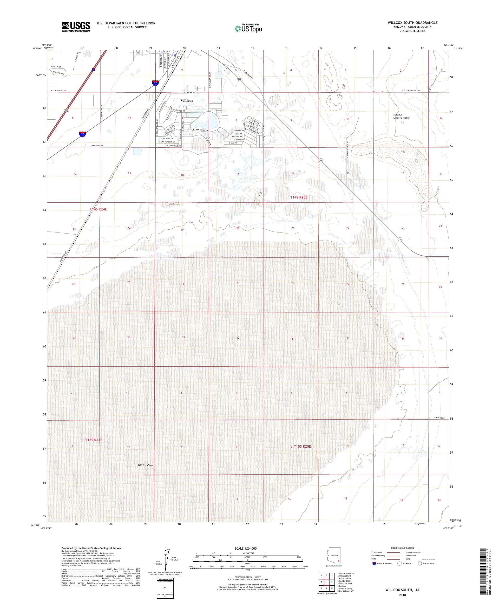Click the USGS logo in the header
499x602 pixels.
pos(76,27)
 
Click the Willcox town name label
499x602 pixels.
pos(187,101)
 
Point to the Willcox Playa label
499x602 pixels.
pos(146,465)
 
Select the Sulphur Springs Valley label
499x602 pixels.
pos(401,117)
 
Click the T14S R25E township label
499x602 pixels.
pos(300,197)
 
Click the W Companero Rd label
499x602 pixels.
pos(58,91)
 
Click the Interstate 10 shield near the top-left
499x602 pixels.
pos(94,70)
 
